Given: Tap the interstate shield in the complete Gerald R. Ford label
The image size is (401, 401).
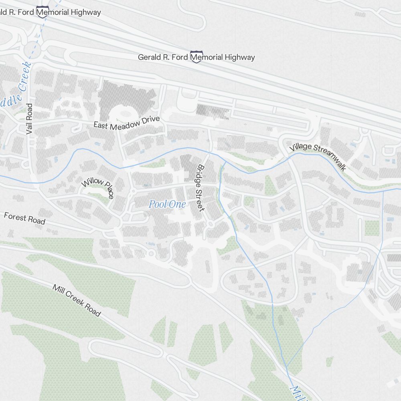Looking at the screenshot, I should click(x=196, y=57).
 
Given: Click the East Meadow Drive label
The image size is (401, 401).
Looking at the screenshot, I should click(x=127, y=122).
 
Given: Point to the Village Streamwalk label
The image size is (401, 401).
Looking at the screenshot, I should click(x=318, y=156).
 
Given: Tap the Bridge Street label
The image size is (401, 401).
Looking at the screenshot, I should click(x=200, y=188).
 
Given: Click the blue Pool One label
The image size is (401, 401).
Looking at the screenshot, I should click(x=167, y=205).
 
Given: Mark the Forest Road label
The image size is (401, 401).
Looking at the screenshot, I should click(x=24, y=219).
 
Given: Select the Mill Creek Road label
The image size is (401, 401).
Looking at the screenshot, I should click(x=77, y=301).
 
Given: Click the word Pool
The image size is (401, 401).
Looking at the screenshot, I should click(x=158, y=205).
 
